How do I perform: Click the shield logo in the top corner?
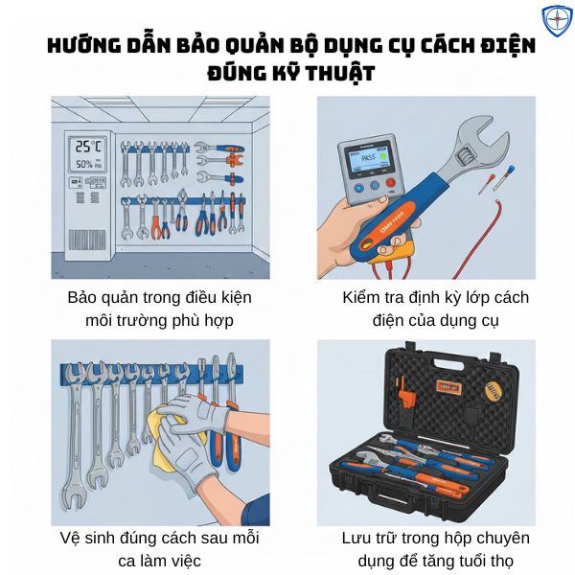pos(557,20)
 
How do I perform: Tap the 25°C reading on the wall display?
pos(89,147)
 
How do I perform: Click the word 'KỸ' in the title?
pos(274,73)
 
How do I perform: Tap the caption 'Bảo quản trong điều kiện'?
pos(159,297)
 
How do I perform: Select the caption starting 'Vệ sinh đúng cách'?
pos(159,538)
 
